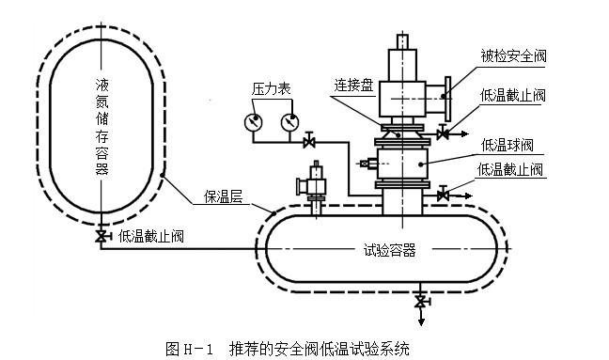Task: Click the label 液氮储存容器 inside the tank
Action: [x=102, y=127]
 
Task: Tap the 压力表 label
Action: [x=271, y=89]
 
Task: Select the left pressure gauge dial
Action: [x=253, y=122]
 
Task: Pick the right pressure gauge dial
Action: [x=289, y=122]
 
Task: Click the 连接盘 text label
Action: [x=353, y=85]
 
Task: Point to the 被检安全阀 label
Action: [x=513, y=55]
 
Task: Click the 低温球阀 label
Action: [x=507, y=146]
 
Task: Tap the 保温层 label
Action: [x=224, y=196]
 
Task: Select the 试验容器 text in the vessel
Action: [x=390, y=250]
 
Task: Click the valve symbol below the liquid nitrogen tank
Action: [x=101, y=236]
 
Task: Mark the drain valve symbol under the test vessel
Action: [x=421, y=302]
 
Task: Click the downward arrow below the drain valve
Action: [x=421, y=317]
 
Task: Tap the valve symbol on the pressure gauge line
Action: [x=309, y=142]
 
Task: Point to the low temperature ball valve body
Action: [x=402, y=164]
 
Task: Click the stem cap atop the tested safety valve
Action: [x=402, y=42]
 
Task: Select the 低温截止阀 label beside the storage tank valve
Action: [x=150, y=236]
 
